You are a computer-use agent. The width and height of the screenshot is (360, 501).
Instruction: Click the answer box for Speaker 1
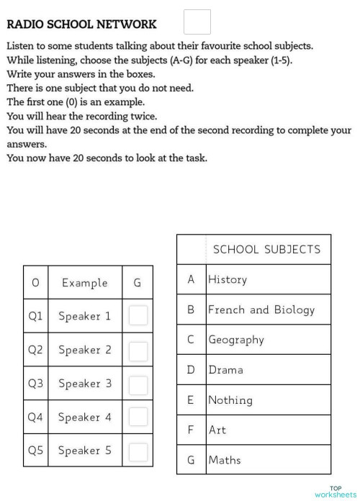click(x=138, y=315)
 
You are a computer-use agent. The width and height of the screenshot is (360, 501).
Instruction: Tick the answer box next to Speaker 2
click(x=138, y=350)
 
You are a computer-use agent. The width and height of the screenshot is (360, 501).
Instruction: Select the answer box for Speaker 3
click(x=138, y=384)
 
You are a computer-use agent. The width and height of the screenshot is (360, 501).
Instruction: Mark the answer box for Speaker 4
click(x=138, y=417)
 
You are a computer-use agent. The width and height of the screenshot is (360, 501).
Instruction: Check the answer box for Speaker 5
click(x=138, y=451)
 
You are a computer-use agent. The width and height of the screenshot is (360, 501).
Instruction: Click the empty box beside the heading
click(x=197, y=22)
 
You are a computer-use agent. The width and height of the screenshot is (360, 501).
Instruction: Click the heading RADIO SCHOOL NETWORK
click(x=81, y=24)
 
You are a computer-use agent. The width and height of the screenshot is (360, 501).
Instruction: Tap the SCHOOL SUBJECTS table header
click(x=266, y=249)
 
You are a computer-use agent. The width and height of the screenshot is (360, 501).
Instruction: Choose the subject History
click(x=227, y=279)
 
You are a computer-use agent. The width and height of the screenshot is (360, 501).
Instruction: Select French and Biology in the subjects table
click(x=261, y=310)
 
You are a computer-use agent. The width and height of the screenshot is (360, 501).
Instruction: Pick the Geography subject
click(x=235, y=340)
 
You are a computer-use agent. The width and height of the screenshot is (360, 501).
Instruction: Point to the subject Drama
click(x=225, y=370)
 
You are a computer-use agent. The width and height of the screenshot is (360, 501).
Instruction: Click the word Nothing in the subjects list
click(x=230, y=400)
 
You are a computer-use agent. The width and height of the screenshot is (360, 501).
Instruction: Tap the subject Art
click(x=217, y=430)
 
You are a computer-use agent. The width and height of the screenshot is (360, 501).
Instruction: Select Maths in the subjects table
click(x=224, y=460)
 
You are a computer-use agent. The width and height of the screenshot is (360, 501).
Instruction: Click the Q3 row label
click(x=35, y=384)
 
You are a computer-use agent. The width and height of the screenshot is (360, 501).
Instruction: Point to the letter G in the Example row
click(x=137, y=283)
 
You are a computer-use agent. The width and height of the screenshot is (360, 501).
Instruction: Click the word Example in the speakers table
click(x=84, y=283)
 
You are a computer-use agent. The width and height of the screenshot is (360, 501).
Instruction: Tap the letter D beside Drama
click(x=191, y=370)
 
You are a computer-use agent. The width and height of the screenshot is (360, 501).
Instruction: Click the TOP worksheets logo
click(x=336, y=492)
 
